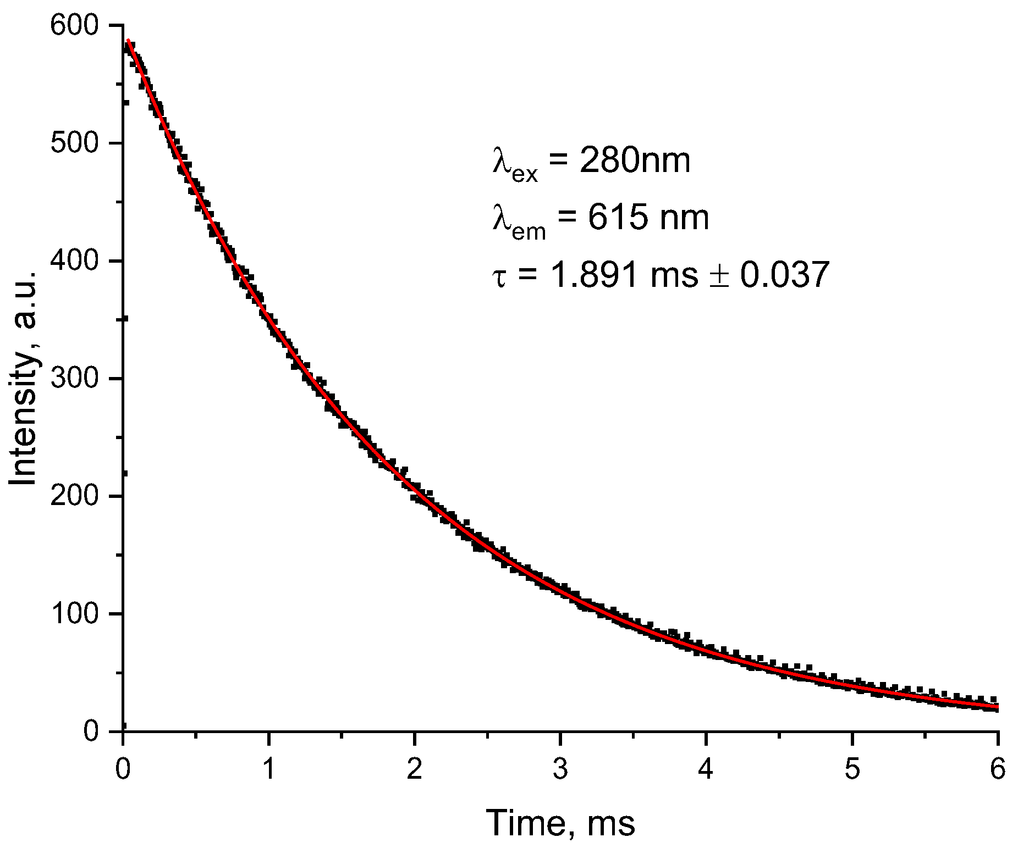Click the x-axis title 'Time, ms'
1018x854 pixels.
[x=560, y=823]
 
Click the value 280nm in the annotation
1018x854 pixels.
[x=634, y=162]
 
